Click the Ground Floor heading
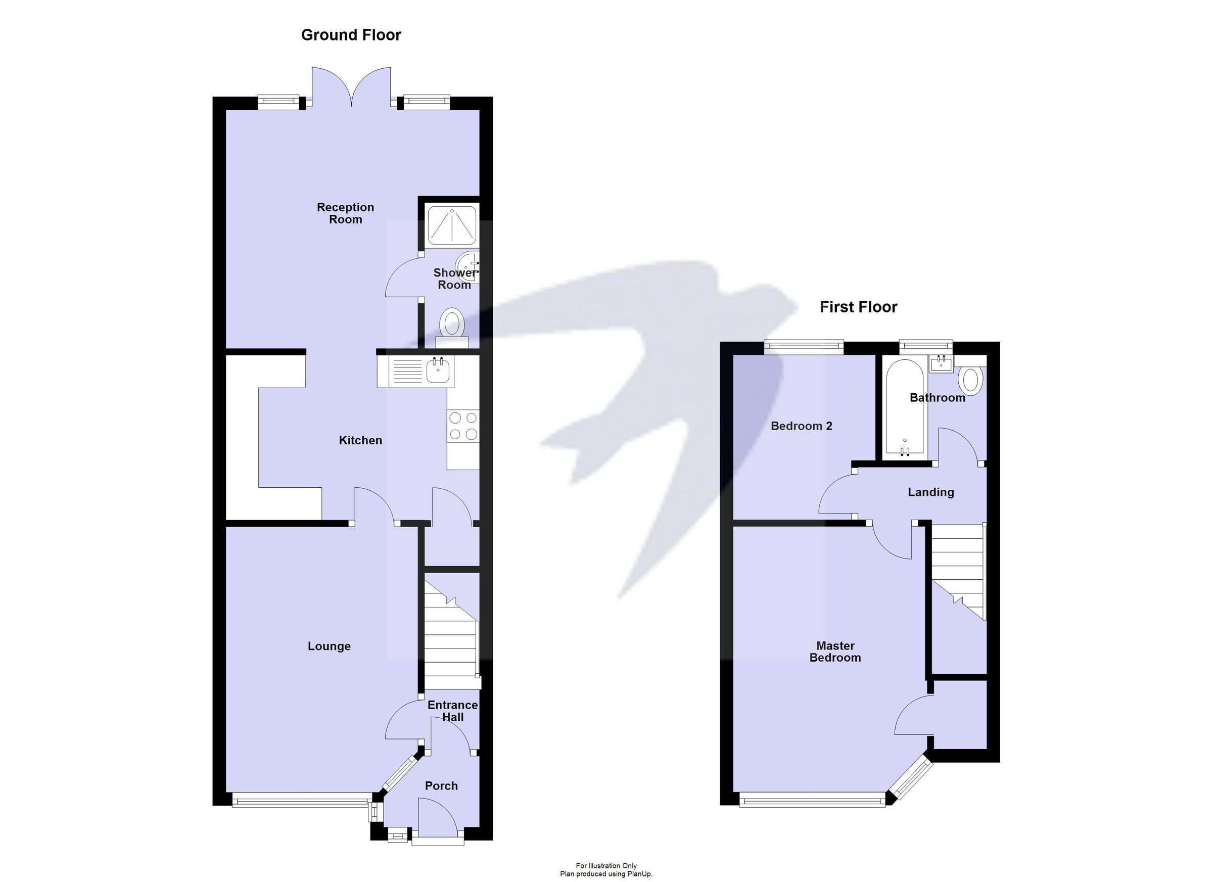351,35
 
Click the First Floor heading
858,307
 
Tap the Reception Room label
345,213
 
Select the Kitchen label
360,440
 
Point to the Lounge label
329,646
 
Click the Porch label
441,786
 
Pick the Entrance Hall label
452,711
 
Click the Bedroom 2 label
801,426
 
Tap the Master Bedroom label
835,652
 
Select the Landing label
930,492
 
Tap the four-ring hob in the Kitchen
463,426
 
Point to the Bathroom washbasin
941,364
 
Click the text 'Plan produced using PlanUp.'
606,874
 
